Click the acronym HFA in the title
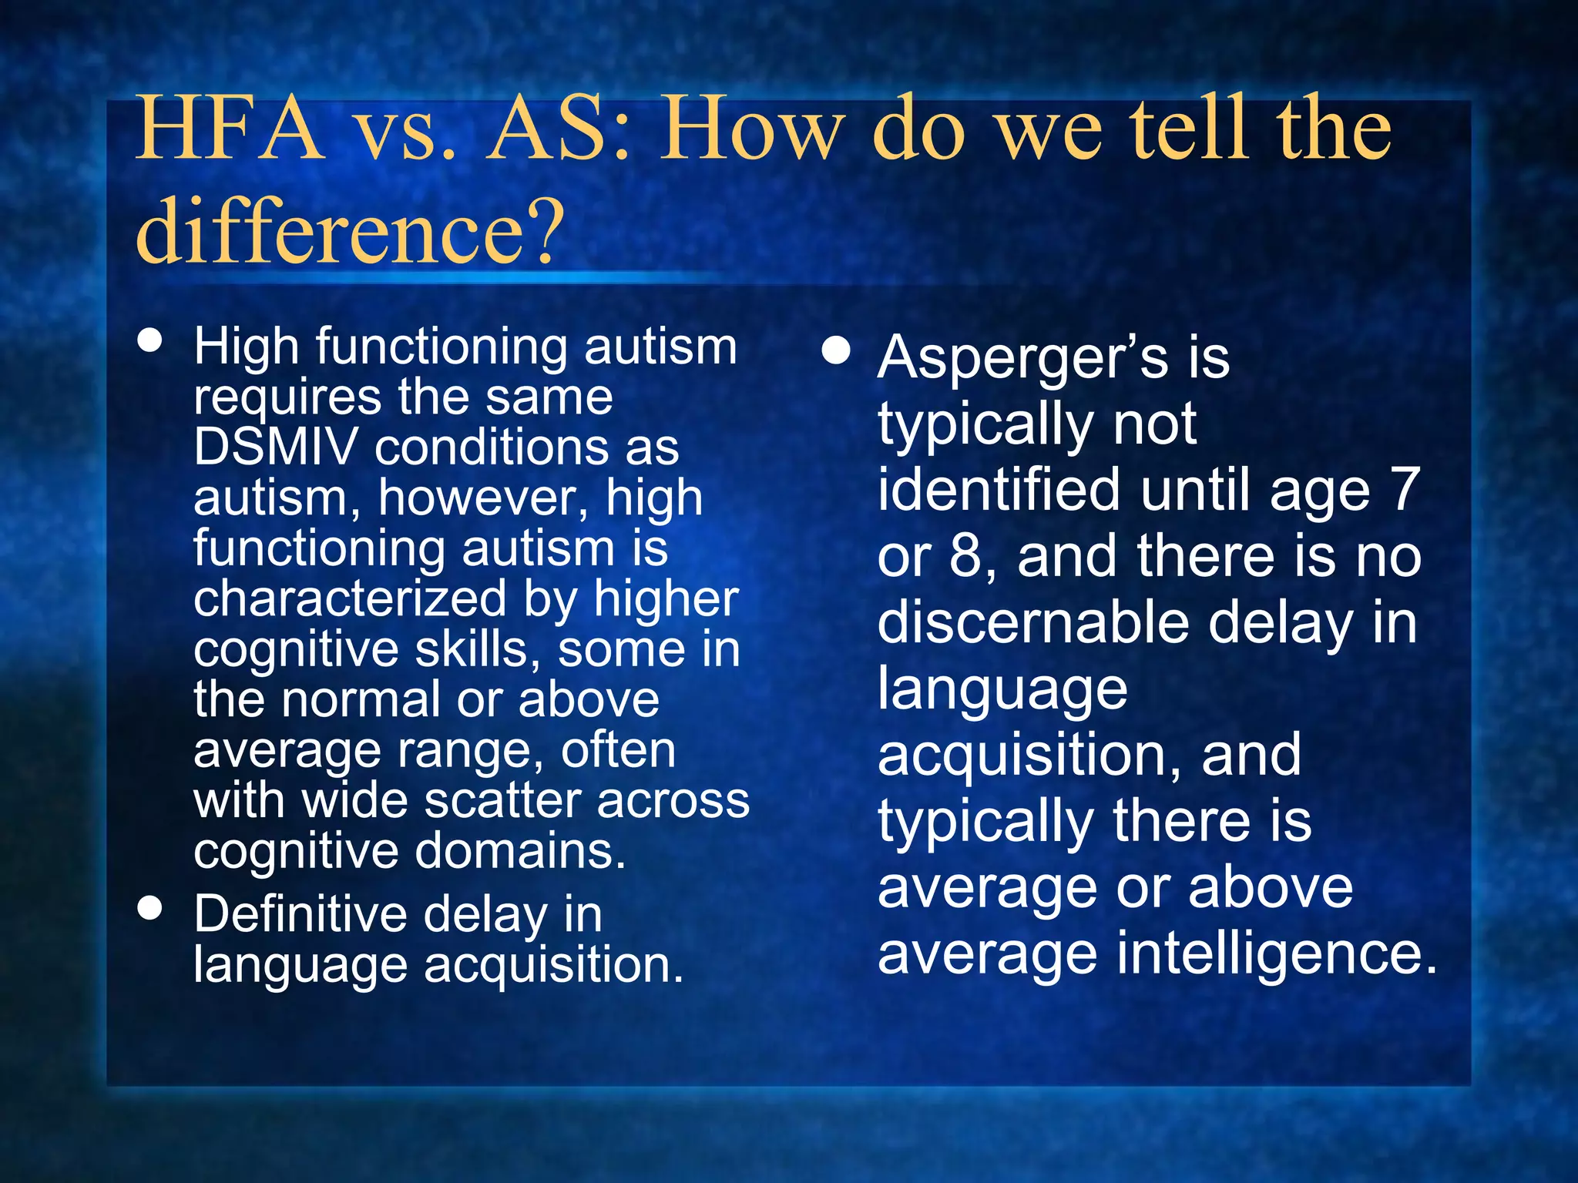coord(229,129)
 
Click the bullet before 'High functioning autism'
coord(150,340)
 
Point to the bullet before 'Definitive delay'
coord(150,907)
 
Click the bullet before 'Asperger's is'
coord(835,352)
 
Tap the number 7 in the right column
coord(1405,490)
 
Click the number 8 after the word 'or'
coord(965,556)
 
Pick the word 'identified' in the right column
coord(999,490)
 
